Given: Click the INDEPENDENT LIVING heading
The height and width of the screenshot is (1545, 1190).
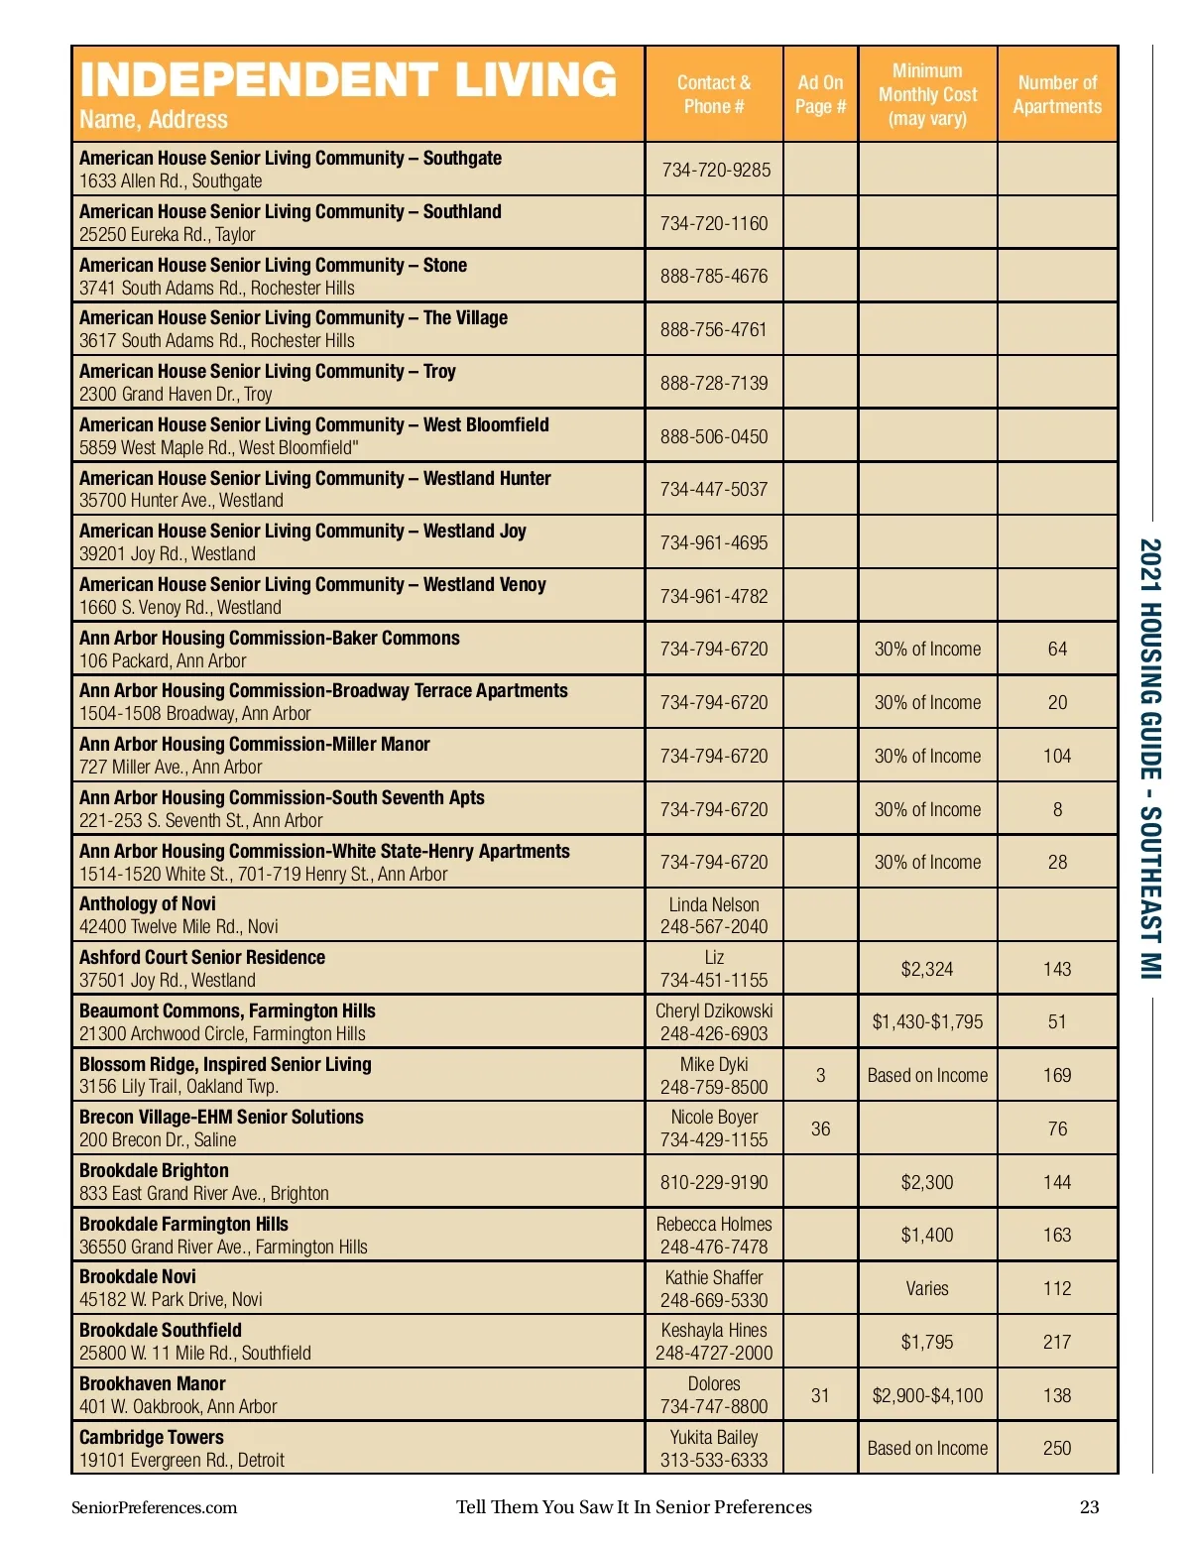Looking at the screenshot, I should (348, 80).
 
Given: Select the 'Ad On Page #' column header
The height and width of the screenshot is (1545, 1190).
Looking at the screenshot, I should (820, 94).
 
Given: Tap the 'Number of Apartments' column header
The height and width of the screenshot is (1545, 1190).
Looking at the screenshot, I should (1057, 94).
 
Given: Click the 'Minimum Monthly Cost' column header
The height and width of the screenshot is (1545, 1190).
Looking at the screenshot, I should (927, 94).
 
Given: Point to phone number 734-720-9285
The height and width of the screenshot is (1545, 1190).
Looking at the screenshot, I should (715, 170).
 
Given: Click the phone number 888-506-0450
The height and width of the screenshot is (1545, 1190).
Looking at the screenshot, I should (714, 436).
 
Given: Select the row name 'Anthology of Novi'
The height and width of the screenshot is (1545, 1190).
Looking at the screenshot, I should (148, 903).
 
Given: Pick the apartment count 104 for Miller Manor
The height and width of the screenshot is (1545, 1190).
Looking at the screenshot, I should (1057, 756).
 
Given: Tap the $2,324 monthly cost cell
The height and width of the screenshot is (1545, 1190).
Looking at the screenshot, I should (927, 969).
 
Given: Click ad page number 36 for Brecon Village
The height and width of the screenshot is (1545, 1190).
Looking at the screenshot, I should (820, 1129).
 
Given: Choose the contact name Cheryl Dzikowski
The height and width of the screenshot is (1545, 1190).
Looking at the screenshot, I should (714, 1010).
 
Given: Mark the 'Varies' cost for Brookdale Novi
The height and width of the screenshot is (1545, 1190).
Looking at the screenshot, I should (927, 1288).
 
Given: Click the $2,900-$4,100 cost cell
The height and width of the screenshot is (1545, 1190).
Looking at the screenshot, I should (927, 1395).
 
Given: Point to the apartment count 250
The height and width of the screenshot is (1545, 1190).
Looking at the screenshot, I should (1057, 1448).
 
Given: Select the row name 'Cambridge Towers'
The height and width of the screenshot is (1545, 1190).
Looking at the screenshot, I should (152, 1437).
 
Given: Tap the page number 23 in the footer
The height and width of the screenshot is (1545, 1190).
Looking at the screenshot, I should (1089, 1507).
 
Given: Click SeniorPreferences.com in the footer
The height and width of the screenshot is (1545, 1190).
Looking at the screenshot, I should (154, 1507).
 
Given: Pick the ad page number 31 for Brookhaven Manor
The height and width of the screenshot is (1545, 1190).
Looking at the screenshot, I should (820, 1395).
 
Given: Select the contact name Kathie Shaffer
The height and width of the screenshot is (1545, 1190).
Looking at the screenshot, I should (714, 1277).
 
